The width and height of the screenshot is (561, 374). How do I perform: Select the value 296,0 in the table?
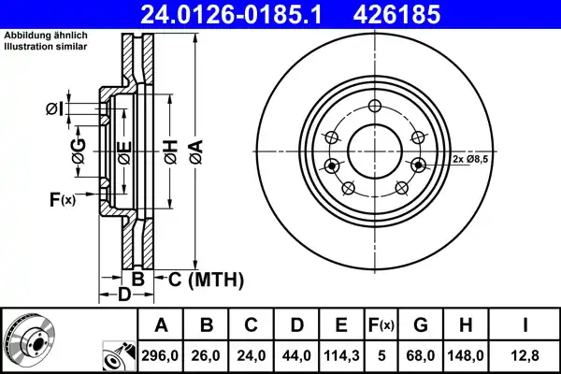[161, 354]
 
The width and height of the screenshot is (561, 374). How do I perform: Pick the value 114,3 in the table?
[341, 354]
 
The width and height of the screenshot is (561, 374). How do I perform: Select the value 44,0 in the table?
[295, 354]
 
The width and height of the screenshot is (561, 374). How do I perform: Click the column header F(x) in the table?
[381, 325]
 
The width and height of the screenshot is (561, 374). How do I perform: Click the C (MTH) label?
[206, 279]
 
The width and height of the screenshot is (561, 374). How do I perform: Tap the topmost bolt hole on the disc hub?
[374, 106]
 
